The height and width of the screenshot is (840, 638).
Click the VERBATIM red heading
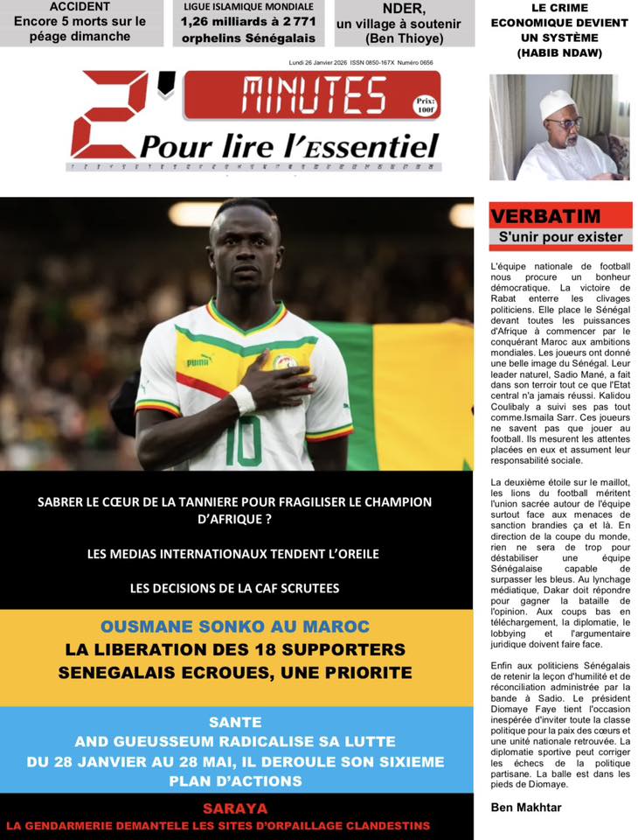(533, 216)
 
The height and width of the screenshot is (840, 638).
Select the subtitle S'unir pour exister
(560, 237)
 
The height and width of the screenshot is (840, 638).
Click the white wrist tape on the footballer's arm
(243, 399)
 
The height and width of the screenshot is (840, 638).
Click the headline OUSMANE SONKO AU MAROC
(235, 626)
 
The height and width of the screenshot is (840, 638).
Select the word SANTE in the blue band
(235, 722)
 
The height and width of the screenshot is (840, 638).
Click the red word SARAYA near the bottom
(235, 808)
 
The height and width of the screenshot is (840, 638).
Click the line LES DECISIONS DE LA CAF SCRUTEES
(234, 588)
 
